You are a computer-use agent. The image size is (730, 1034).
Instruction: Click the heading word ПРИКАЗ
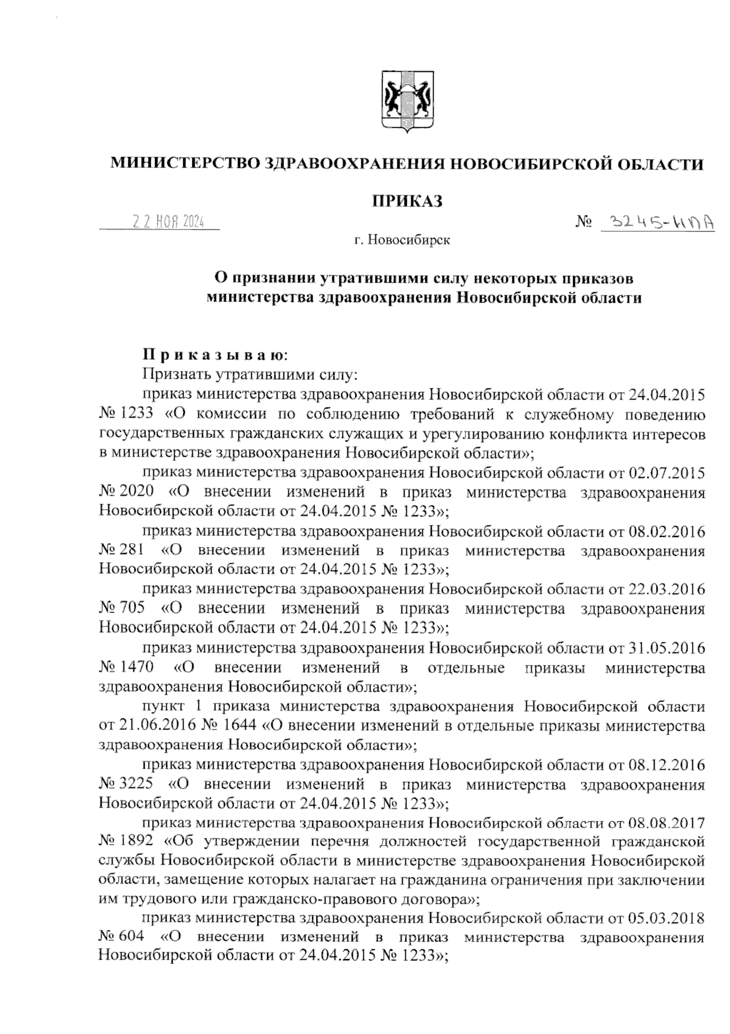406,201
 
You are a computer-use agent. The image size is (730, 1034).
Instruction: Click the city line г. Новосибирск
403,241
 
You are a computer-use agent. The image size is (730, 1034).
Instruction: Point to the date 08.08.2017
667,823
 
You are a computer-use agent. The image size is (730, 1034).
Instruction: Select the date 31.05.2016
667,647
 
